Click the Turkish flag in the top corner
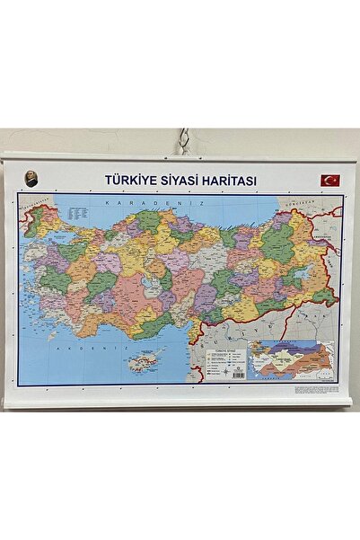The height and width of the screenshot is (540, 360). (x=330, y=181)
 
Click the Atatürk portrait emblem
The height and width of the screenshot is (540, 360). (x=29, y=179)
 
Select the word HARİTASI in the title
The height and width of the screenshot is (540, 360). (x=227, y=181)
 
